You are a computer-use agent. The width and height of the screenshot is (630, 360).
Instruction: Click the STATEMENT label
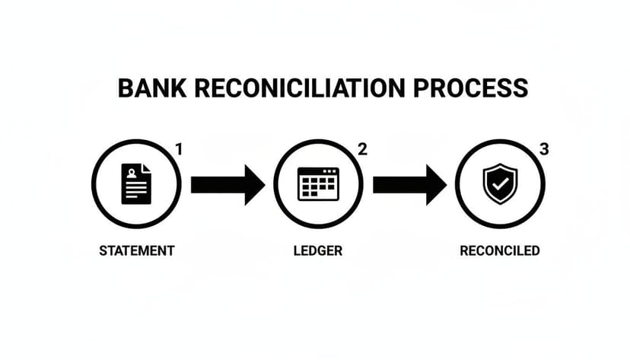(137, 250)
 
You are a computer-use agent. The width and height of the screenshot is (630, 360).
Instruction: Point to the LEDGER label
(318, 250)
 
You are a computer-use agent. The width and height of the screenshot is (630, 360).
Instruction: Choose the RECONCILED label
(500, 250)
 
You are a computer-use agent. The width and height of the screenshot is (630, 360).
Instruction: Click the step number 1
(179, 150)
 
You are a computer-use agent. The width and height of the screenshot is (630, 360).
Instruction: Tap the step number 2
(362, 150)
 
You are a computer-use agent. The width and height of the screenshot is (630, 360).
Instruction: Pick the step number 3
(543, 150)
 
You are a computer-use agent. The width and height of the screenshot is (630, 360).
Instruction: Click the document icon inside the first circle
(136, 184)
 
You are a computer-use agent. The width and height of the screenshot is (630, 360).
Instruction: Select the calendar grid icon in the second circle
(318, 184)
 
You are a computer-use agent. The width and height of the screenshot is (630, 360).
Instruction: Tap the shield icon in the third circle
(499, 184)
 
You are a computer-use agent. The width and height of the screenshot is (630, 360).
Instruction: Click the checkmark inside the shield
(499, 184)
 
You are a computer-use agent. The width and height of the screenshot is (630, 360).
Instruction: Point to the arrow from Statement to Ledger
(227, 184)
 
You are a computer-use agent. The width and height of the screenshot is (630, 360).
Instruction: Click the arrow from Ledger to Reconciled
(409, 184)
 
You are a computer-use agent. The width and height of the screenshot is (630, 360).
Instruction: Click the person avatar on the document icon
(133, 174)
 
